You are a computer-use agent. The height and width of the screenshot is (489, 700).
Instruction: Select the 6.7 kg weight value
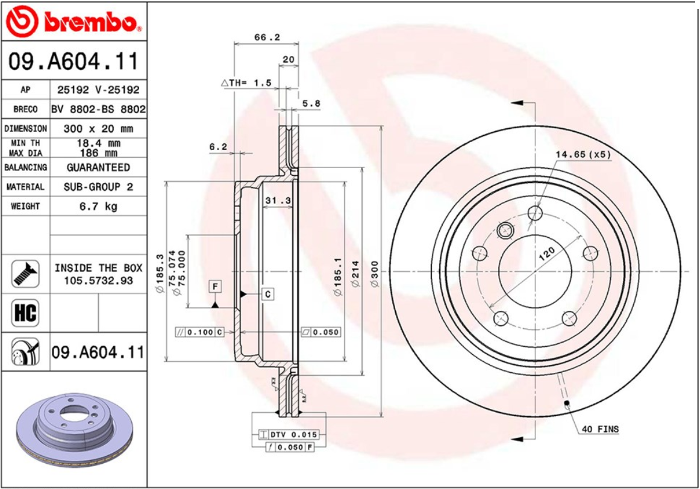coord(98,207)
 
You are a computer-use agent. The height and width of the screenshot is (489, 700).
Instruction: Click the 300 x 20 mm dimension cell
coord(98,129)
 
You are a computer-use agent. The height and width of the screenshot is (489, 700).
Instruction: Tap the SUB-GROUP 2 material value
coord(98,187)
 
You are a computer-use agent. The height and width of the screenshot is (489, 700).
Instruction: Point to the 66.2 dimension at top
coord(266,37)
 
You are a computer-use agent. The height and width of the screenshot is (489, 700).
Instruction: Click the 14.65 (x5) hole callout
coord(583,154)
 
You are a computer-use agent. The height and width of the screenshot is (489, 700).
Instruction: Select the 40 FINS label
coord(600,429)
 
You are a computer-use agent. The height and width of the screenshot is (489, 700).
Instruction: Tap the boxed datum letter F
coord(214,286)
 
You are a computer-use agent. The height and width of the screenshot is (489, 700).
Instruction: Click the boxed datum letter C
coord(268,294)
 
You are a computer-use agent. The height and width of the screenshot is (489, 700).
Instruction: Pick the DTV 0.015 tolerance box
coord(288,434)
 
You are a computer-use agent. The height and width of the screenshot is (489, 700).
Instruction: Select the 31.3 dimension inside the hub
coord(278,201)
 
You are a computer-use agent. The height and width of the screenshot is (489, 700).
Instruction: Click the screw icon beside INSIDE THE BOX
coord(25,274)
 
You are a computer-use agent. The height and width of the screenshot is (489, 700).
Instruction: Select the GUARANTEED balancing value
coord(98,167)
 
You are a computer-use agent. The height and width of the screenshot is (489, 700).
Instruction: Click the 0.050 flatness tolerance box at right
coord(320,332)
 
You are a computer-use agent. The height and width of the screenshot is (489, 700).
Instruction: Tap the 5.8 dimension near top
coord(311,104)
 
